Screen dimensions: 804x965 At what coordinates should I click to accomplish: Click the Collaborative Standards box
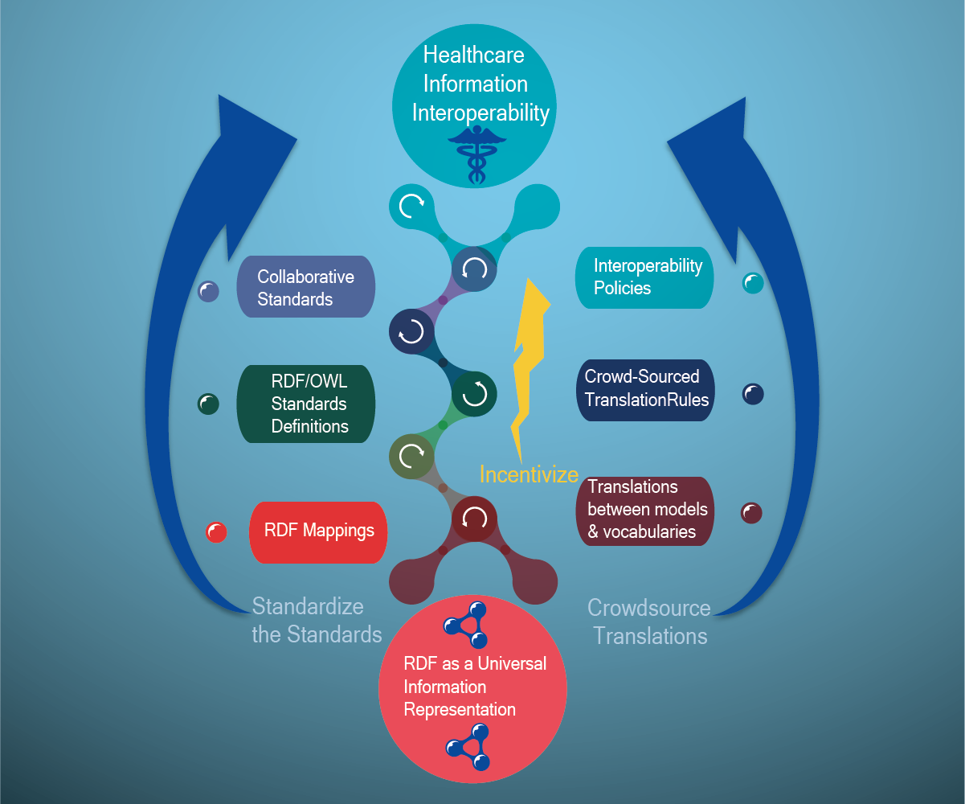305,287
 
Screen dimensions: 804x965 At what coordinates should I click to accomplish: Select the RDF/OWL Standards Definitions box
305,404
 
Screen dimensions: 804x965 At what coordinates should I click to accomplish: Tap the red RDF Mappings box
318,531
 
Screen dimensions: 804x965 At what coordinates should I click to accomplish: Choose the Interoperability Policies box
645,277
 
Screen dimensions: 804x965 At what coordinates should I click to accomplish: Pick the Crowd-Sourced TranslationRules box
646,389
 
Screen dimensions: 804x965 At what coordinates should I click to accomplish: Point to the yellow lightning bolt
527,362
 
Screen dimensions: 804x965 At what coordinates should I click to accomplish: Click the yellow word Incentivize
529,474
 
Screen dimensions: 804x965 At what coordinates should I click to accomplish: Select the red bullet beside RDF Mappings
217,532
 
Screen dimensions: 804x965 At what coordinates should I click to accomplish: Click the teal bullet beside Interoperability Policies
753,283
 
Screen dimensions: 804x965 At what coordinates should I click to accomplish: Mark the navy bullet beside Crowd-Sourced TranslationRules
753,394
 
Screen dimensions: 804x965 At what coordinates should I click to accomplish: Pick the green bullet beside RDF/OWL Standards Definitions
209,404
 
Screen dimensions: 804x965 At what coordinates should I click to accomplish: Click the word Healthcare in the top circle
473,55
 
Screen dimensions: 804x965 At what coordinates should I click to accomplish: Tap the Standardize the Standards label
317,620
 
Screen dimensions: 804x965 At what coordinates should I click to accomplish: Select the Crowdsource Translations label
650,621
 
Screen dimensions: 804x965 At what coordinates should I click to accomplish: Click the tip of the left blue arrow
222,100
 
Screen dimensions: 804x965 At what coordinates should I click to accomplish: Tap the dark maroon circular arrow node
474,519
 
